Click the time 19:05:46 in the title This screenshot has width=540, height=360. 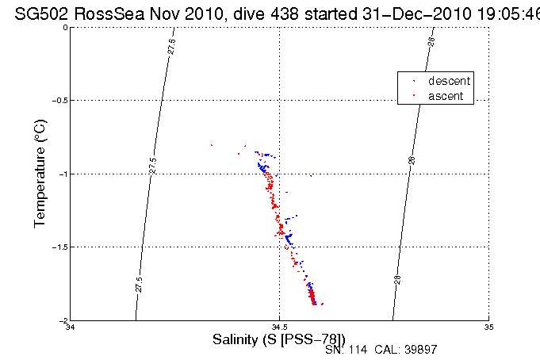(x=501, y=11)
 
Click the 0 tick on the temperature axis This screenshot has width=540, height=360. (x=64, y=28)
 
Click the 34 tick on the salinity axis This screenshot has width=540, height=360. (x=71, y=327)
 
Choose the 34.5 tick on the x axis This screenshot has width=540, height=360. (x=279, y=327)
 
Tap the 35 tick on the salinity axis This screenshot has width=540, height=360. (x=488, y=327)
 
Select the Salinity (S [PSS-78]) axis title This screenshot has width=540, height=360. (x=279, y=339)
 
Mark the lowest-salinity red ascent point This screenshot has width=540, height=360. (x=212, y=145)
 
